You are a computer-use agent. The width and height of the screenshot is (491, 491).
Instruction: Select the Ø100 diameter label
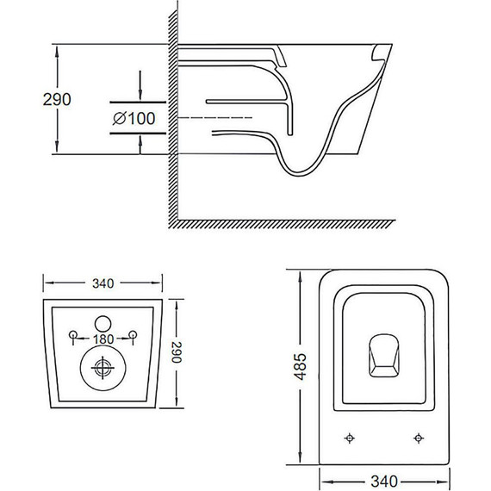134,119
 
